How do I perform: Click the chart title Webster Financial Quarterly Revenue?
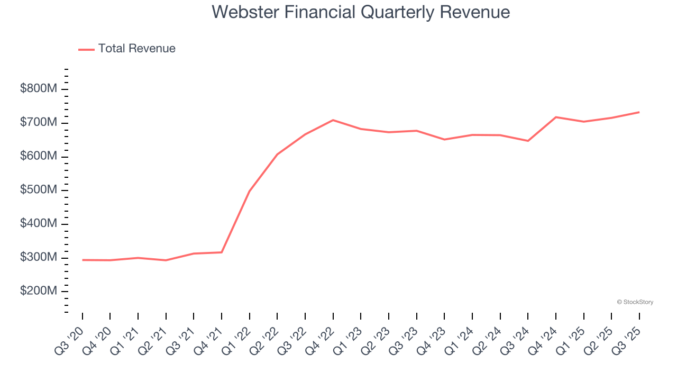[x=361, y=12]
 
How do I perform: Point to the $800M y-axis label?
[x=38, y=89]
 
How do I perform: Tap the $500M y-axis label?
[x=38, y=190]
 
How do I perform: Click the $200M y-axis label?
[x=38, y=291]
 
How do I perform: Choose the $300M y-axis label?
[x=38, y=257]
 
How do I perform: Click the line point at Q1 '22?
[x=250, y=191]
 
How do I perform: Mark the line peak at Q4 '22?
[x=333, y=120]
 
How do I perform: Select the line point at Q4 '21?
[x=222, y=252]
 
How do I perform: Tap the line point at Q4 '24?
[x=556, y=117]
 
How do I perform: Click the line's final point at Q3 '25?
[x=639, y=112]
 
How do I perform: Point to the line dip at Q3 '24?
[x=528, y=141]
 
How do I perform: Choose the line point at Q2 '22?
[x=277, y=154]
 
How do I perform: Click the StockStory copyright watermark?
[x=635, y=302]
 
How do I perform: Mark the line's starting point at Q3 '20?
[x=83, y=260]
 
